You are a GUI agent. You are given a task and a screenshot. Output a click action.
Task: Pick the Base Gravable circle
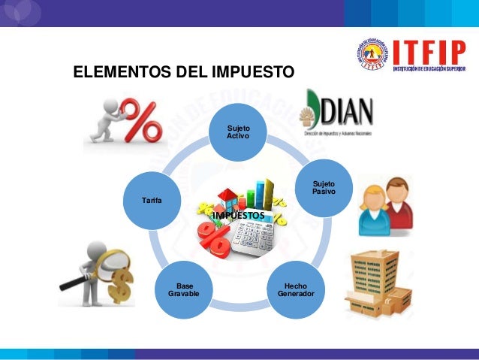184,289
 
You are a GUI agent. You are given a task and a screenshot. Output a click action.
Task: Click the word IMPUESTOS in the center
238,216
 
